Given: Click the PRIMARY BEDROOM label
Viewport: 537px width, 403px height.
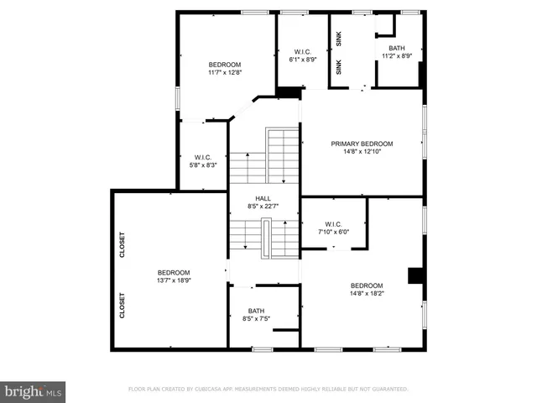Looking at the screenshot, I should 362,144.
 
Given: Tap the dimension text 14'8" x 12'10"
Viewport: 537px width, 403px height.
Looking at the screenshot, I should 362,152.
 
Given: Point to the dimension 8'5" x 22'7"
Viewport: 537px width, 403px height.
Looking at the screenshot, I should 263,206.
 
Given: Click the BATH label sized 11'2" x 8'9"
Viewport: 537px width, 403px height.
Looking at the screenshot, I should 397,48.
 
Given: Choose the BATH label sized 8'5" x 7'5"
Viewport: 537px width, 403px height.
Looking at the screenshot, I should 255,311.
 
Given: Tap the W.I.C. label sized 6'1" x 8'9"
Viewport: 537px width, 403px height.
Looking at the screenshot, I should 302,51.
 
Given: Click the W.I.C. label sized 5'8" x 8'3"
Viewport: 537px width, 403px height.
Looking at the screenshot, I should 202,157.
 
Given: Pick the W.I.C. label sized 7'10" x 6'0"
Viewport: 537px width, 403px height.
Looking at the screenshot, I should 333,224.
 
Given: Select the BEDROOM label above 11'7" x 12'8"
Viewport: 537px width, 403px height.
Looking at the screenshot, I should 225,65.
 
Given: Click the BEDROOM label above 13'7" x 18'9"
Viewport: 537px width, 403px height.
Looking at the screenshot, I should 174,272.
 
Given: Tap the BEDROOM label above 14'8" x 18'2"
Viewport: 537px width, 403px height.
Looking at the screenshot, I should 367,285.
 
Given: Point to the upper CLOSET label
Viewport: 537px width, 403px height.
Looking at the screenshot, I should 123,244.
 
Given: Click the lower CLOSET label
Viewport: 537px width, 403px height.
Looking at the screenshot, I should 123,305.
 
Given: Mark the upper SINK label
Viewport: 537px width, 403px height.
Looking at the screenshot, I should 339,37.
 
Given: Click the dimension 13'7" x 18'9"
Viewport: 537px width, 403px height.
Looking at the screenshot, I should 174,280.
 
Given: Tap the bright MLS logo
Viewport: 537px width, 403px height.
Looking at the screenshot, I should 34,391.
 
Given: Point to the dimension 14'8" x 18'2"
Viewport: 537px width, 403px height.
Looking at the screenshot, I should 367,294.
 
